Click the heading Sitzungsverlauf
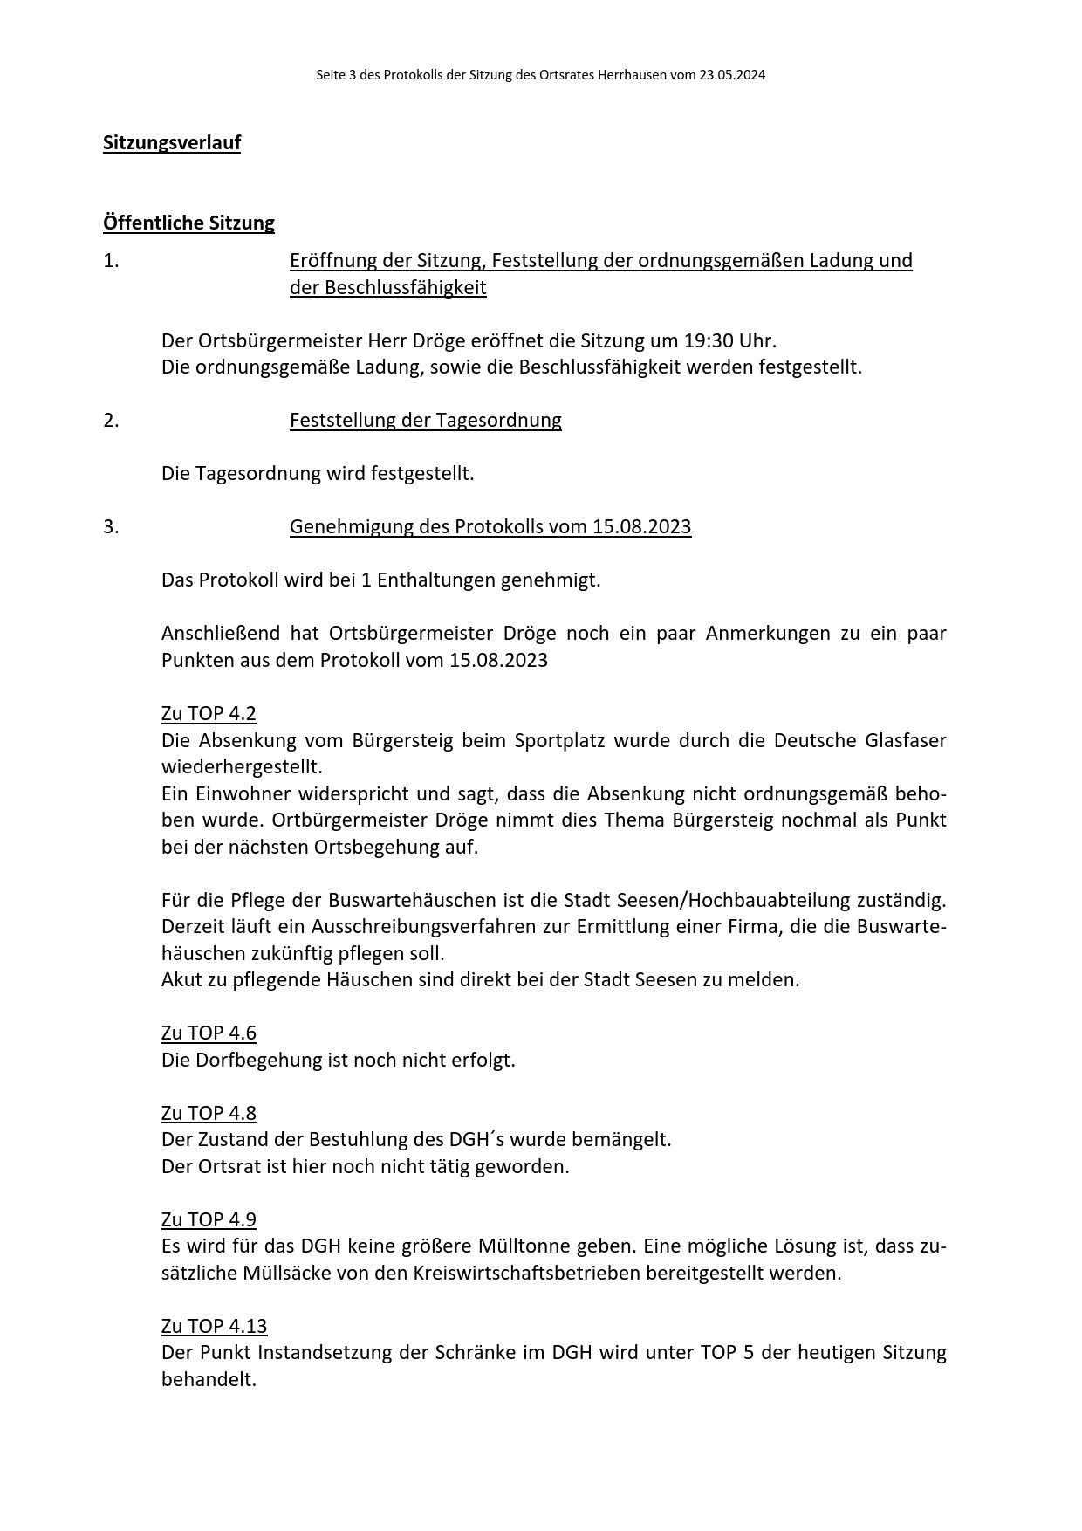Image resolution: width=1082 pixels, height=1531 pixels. (x=172, y=142)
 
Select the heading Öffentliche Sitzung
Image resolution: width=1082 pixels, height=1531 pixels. (x=188, y=223)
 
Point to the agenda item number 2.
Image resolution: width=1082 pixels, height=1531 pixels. (x=111, y=421)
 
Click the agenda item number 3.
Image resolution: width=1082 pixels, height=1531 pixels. (x=111, y=527)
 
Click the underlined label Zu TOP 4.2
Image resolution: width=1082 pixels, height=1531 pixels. (x=209, y=714)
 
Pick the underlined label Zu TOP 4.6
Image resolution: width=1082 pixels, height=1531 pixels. (x=209, y=1033)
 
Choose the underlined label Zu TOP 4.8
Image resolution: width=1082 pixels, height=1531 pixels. (x=209, y=1113)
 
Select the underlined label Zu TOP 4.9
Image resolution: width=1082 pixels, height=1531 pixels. (x=209, y=1219)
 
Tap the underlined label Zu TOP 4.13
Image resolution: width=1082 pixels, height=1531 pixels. (x=214, y=1326)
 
